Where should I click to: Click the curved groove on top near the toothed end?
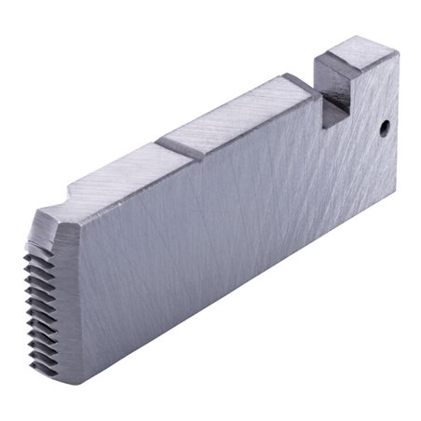[93, 190]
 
